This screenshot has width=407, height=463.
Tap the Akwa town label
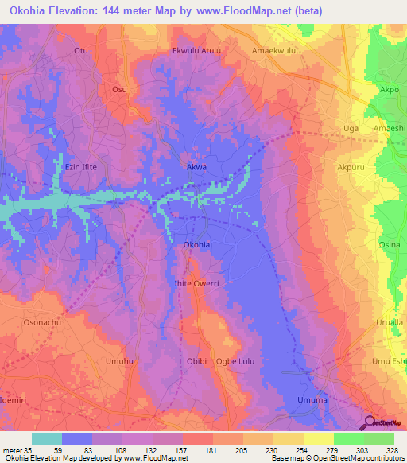click(196, 168)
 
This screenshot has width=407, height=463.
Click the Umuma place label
click(312, 399)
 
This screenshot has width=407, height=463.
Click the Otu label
click(80, 50)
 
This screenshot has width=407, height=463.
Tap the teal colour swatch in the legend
click(47, 438)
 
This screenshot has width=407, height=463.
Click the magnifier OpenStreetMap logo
click(369, 422)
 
